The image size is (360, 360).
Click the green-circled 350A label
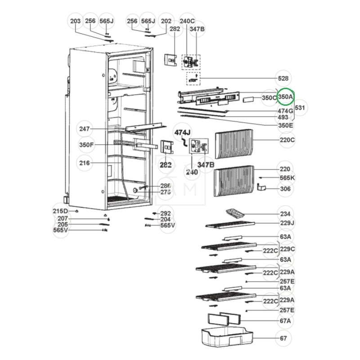click(286, 97)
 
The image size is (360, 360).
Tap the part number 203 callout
click(76, 21)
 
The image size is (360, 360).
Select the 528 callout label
click(283, 79)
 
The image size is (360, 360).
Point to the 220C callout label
click(287, 140)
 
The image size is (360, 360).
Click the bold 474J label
click(183, 132)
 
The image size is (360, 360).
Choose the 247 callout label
click(84, 129)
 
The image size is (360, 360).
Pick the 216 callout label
click(84, 163)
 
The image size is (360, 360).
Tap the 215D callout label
click(60, 211)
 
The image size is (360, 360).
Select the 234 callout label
click(285, 214)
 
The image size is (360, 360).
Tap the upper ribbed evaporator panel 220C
click(235, 144)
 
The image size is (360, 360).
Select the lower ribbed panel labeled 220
click(234, 181)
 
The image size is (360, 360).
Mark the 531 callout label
click(300, 108)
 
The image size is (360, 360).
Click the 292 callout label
click(166, 213)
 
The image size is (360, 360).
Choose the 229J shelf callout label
click(287, 223)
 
